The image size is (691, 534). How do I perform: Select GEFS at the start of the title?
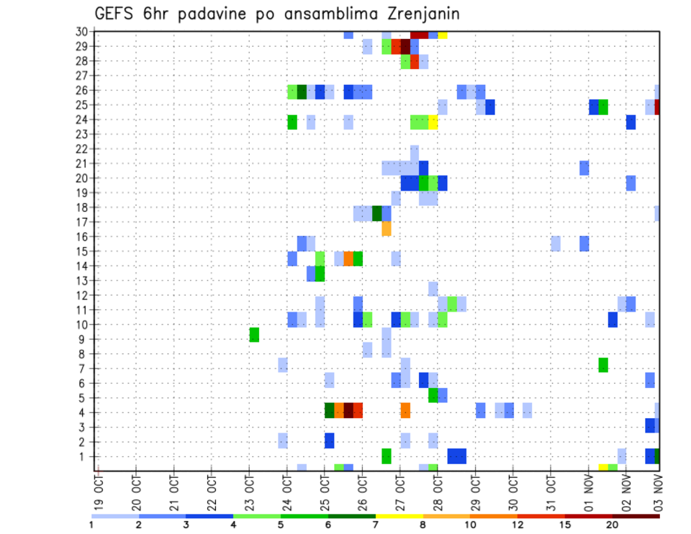114,14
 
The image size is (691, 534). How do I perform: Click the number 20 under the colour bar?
612,524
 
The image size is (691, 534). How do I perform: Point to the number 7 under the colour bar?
375,524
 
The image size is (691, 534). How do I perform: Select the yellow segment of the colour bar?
398,515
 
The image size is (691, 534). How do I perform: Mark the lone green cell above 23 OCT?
254,335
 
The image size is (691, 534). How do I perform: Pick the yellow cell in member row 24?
433,122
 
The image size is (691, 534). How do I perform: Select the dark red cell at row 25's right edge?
658,107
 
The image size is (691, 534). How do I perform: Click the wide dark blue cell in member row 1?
456,456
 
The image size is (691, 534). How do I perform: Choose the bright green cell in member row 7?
603,365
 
